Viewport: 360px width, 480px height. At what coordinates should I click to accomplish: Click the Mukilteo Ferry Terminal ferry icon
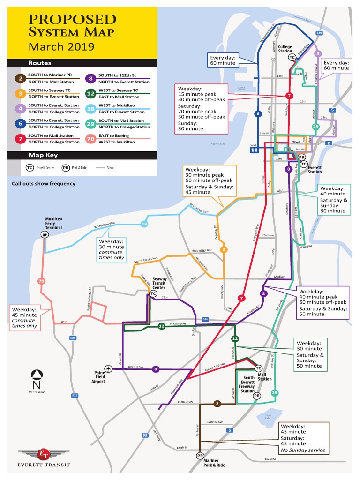point(44,234)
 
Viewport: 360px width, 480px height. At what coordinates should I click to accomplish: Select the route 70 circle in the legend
point(90,138)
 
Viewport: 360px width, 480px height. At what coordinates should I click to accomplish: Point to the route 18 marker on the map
point(144,225)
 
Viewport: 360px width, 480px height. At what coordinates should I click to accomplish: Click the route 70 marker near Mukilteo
point(41,281)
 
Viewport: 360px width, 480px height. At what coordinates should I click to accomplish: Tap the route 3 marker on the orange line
point(224,249)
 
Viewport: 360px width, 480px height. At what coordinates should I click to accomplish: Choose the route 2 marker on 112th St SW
point(217,403)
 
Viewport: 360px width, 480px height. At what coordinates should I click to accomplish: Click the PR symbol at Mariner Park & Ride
point(200,456)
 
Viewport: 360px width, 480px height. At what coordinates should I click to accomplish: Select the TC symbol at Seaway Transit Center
point(153,294)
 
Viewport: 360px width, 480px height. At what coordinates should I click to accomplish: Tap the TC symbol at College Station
point(292,57)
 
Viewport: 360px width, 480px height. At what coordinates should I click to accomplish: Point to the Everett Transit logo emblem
point(44,454)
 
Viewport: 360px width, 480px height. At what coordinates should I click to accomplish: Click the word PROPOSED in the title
point(72,20)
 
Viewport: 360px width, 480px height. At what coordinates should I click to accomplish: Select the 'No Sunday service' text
point(303,450)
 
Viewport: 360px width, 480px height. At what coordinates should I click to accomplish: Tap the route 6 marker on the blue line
point(257,113)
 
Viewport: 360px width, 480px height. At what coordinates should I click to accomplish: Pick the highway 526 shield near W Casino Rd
point(205,319)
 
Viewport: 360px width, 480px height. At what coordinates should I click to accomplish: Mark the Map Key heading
point(43,155)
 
